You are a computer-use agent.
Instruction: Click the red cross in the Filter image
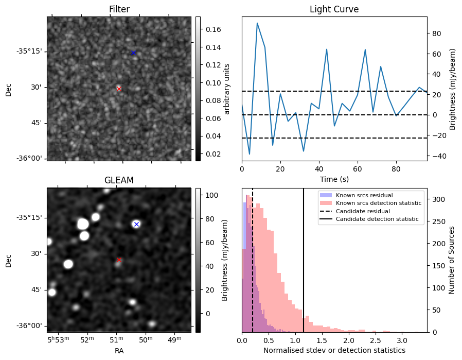coord(119,89)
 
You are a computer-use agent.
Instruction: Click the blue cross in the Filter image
coord(133,53)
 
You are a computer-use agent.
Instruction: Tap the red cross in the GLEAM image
coord(119,260)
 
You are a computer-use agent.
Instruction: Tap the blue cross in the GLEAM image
coord(136,225)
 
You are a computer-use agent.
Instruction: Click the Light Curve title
coord(334,9)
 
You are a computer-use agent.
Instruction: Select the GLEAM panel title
coord(119,180)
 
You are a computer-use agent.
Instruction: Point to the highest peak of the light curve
coord(257,23)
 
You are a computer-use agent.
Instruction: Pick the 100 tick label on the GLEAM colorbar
coord(211,195)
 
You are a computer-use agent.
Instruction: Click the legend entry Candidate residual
coord(363,211)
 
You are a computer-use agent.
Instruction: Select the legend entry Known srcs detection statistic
coord(379,203)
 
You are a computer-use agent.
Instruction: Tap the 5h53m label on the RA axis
coord(58,339)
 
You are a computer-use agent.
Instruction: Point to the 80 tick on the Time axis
coord(396,169)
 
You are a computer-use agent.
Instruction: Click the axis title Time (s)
coord(334,179)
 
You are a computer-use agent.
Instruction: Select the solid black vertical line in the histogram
coord(304,261)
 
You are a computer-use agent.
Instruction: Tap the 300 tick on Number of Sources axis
coord(438,199)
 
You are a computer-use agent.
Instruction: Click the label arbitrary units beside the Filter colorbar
coord(226,89)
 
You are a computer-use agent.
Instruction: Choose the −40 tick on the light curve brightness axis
coord(436,156)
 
